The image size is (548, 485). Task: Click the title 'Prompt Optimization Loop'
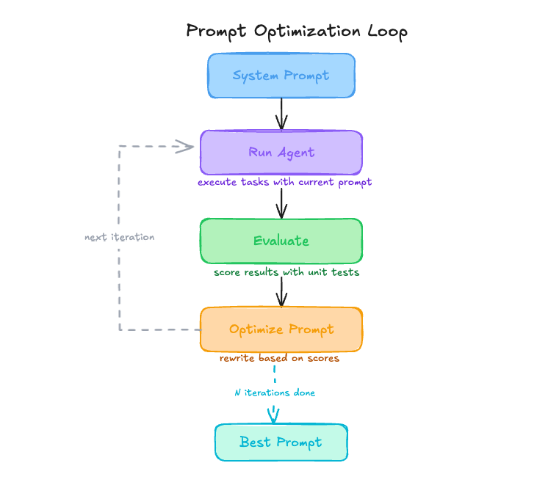296,32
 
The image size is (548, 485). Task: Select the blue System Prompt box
281,76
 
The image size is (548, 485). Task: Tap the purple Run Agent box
281,153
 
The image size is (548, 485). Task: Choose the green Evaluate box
281,241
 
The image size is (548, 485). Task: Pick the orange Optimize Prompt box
281,329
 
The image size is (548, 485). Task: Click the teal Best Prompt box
281,442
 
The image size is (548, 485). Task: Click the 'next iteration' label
120,238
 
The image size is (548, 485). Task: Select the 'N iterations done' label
275,393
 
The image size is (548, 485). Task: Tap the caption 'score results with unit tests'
286,272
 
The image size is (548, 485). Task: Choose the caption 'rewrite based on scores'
279,359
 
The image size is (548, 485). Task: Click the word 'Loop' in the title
386,32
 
